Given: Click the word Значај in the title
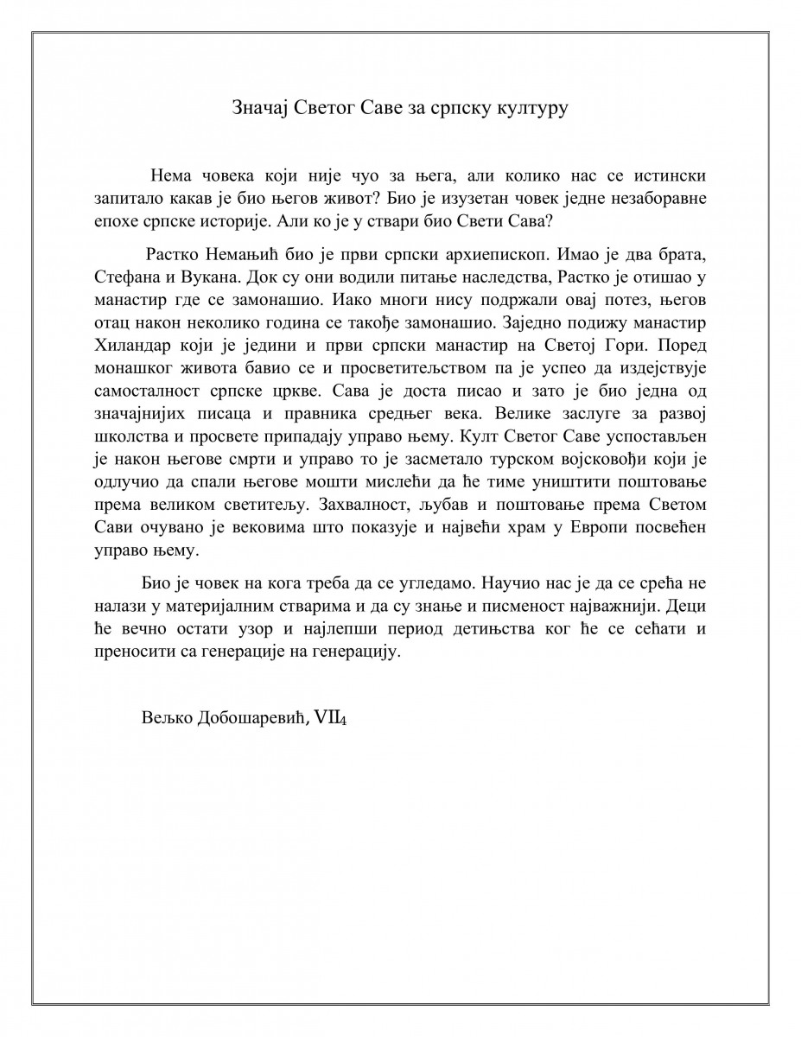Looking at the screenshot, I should [x=257, y=108].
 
